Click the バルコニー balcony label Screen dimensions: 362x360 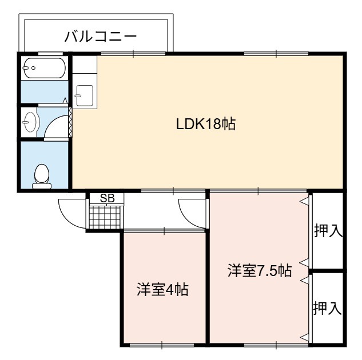[101, 37]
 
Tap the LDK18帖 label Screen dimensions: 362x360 [206, 124]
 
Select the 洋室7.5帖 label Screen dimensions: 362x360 [260, 270]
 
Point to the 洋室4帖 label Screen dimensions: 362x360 [162, 290]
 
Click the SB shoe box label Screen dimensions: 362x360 [107, 198]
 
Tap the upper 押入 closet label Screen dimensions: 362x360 [328, 231]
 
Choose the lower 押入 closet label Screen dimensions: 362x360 [327, 309]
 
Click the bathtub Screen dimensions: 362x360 [45, 68]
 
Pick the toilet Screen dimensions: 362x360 [42, 176]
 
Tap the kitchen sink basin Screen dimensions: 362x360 [85, 95]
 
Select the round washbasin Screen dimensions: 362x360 [30, 122]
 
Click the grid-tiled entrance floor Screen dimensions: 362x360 [105, 218]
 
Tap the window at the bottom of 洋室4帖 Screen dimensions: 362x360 [162, 345]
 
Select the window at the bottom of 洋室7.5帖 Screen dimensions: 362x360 [276, 345]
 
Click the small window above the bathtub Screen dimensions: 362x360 [50, 54]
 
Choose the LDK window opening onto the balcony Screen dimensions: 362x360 [133, 54]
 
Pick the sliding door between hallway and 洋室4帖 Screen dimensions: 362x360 [164, 230]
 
